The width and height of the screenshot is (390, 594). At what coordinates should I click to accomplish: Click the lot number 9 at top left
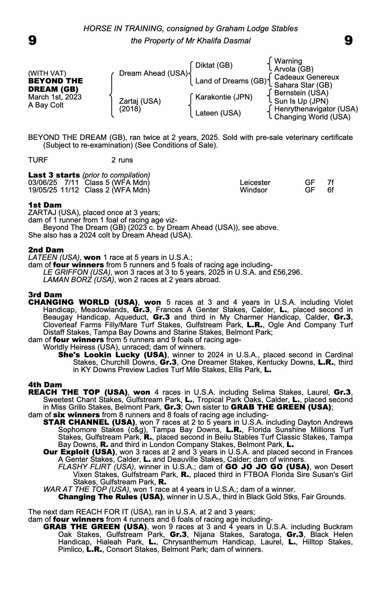pyautogui.click(x=32, y=40)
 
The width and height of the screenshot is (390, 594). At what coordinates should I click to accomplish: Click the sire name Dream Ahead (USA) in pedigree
pyautogui.click(x=153, y=73)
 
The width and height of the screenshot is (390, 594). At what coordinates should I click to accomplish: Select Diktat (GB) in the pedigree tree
pyautogui.click(x=214, y=65)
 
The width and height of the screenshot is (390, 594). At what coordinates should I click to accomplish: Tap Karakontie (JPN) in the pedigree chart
pyautogui.click(x=224, y=97)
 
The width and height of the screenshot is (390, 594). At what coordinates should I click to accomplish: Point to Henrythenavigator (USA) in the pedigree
pyautogui.click(x=316, y=109)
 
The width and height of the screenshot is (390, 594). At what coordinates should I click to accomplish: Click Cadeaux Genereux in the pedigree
pyautogui.click(x=306, y=77)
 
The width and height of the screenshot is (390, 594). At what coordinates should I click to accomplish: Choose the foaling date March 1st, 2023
pyautogui.click(x=55, y=97)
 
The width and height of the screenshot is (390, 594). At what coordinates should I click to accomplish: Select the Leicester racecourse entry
pyautogui.click(x=255, y=183)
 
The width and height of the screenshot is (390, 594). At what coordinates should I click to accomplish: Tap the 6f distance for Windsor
pyautogui.click(x=330, y=190)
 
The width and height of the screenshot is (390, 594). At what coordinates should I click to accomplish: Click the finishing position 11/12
pyautogui.click(x=70, y=190)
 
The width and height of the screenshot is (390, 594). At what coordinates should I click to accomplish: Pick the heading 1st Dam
pyautogui.click(x=45, y=205)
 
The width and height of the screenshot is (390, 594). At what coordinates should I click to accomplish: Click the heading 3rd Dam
pyautogui.click(x=45, y=295)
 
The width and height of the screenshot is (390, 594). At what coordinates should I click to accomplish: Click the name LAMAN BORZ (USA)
pyautogui.click(x=79, y=280)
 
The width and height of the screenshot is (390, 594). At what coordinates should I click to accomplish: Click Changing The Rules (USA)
pyautogui.click(x=110, y=497)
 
